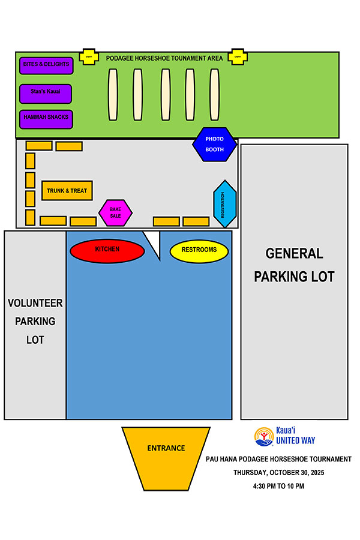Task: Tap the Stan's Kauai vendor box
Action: coord(46,93)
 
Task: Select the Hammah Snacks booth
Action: coord(46,119)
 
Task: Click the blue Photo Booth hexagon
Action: coord(214,144)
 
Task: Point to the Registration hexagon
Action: coord(224,203)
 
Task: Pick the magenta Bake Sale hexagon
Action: coord(115,212)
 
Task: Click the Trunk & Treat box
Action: coord(67,191)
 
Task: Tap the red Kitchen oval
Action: coord(107,250)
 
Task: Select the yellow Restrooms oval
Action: coord(199,251)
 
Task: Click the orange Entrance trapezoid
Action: coord(166,448)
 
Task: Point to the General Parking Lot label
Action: coord(294,265)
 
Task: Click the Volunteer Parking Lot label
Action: coord(35,321)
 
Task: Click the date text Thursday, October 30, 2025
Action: coord(278,472)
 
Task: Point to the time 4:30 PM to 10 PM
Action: coord(278,485)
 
